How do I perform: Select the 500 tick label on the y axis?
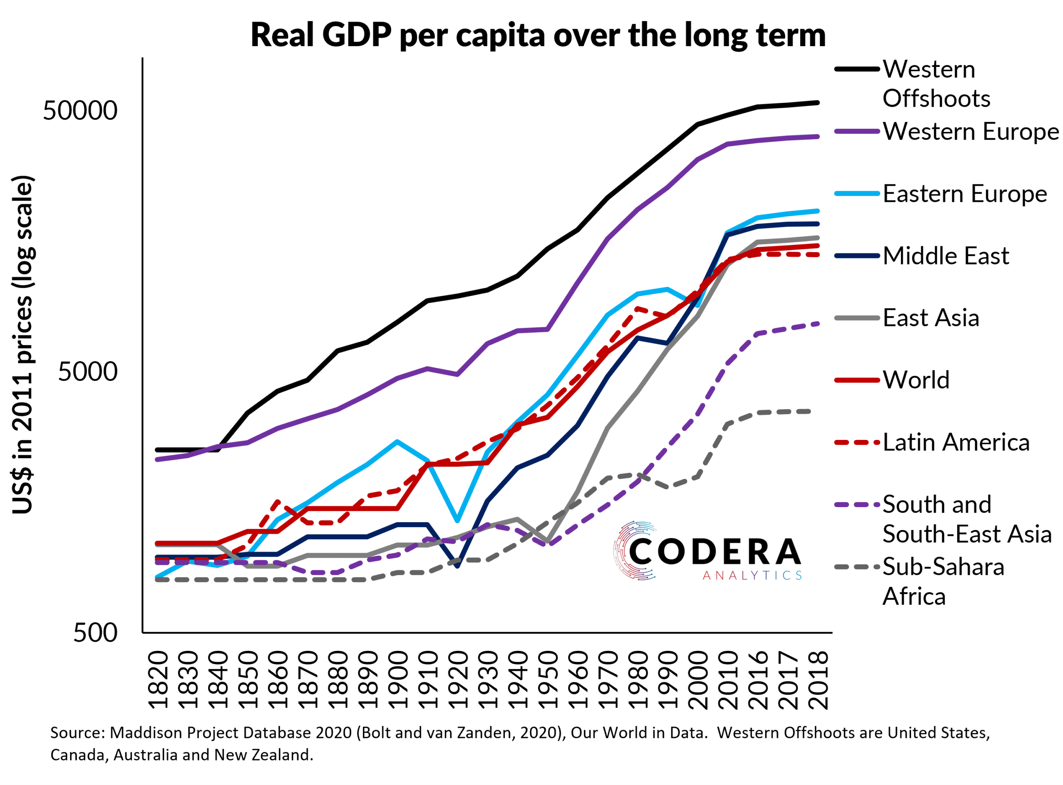95,633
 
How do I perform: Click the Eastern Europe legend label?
964,194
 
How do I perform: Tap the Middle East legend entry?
945,256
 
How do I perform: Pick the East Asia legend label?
931,317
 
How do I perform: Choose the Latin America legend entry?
955,442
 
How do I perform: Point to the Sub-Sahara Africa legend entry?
943,581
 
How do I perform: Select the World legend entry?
915,380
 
